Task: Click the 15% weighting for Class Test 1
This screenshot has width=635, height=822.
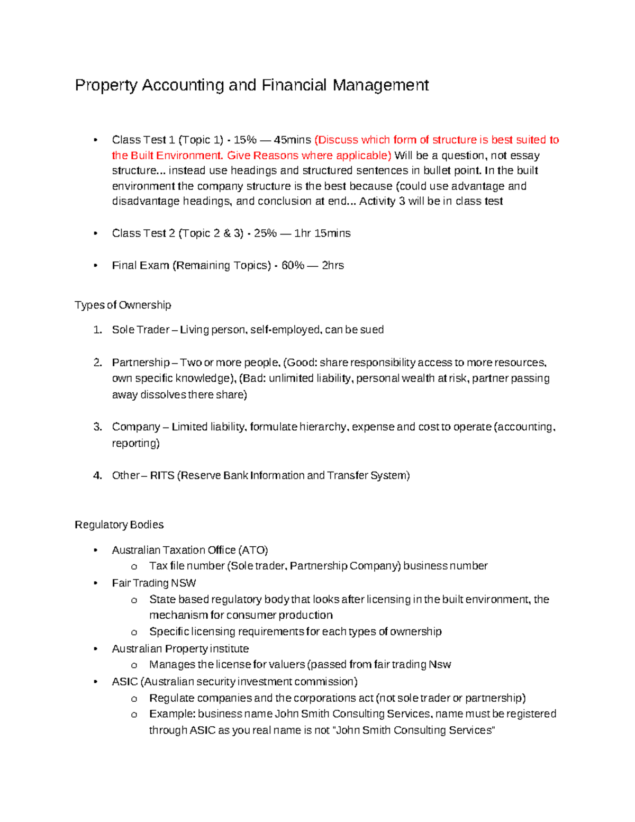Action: pyautogui.click(x=244, y=140)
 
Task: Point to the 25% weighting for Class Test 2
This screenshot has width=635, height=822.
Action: pyautogui.click(x=265, y=233)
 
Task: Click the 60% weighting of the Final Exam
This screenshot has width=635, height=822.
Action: pyautogui.click(x=293, y=265)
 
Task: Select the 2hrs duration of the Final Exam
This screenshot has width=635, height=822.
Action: pyautogui.click(x=333, y=265)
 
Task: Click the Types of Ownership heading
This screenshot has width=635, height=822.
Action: pyautogui.click(x=123, y=305)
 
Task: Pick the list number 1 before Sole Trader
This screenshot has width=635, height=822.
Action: pyautogui.click(x=97, y=330)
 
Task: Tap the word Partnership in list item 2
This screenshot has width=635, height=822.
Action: pyautogui.click(x=141, y=363)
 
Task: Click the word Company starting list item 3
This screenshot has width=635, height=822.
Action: pyautogui.click(x=136, y=427)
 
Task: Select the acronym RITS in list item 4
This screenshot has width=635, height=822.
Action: pyautogui.click(x=162, y=475)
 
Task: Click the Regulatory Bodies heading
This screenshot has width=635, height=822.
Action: pyautogui.click(x=119, y=525)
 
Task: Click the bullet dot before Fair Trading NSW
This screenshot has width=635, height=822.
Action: pyautogui.click(x=95, y=583)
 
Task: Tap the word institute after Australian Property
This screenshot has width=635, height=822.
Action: pyautogui.click(x=229, y=648)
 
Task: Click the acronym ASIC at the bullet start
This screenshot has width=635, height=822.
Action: pyautogui.click(x=124, y=681)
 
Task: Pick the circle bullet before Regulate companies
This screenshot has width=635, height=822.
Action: pyautogui.click(x=134, y=699)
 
